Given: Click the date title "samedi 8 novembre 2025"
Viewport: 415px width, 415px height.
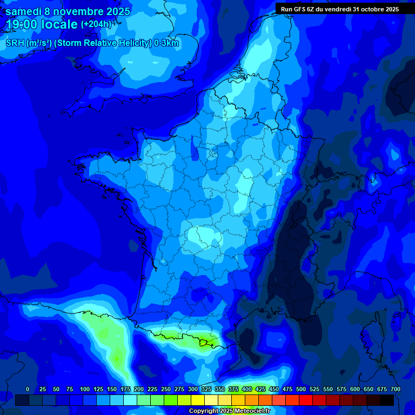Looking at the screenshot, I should coord(68,11).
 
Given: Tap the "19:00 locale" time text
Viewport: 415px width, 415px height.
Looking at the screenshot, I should coord(42,24).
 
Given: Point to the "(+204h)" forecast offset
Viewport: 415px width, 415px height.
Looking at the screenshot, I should coord(96,24).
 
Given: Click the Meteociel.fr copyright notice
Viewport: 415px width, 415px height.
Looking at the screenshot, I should coord(229,411).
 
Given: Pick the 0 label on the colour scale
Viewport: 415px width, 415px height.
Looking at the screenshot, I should coord(28,389).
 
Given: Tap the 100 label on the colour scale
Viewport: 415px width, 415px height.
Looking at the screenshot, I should coord(85,389).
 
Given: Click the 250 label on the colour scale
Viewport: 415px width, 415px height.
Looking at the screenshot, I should coord(166,389).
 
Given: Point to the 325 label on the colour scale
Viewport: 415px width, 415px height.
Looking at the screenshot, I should coord(206,389).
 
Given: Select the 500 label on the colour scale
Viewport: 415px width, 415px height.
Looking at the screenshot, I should coord(301,389).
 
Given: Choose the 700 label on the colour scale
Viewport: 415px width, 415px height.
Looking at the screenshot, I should coord(395,389).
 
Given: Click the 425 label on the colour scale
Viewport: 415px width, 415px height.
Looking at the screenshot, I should coord(260,389).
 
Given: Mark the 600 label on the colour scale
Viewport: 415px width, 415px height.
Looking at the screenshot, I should coord(355,389).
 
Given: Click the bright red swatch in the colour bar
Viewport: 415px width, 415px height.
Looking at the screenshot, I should coord(306,400).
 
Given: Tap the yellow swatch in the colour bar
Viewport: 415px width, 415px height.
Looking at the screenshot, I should coord(198,400).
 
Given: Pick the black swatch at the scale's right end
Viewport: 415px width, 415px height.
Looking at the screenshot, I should coord(387,400).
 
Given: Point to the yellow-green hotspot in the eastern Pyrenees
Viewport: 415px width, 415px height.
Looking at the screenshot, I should coord(205,342).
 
